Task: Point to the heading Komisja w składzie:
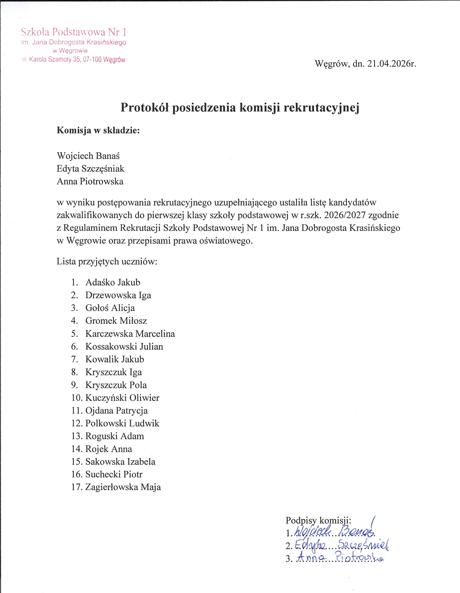pyautogui.click(x=98, y=130)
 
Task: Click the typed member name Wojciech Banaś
pyautogui.click(x=88, y=156)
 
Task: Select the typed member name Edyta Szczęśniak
pyautogui.click(x=91, y=169)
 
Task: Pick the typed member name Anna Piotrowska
pyautogui.click(x=90, y=181)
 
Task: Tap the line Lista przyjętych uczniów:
pyautogui.click(x=107, y=261)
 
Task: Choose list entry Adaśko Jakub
pyautogui.click(x=113, y=282)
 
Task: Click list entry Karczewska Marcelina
pyautogui.click(x=130, y=334)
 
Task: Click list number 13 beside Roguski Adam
pyautogui.click(x=76, y=436)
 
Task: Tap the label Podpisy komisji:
pyautogui.click(x=318, y=520)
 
